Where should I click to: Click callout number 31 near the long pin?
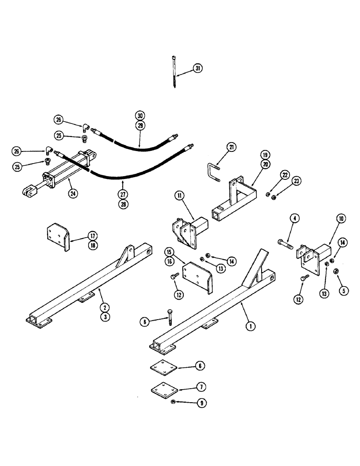(x=199, y=69)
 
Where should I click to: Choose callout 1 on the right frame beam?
(x=251, y=326)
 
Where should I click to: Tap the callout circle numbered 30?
(x=140, y=115)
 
